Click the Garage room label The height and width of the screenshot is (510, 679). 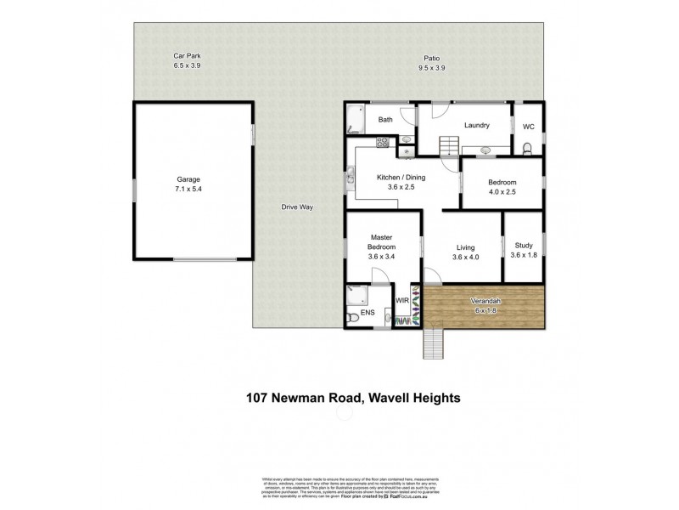pyautogui.click(x=188, y=179)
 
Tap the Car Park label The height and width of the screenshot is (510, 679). pyautogui.click(x=187, y=56)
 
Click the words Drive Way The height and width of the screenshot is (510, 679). pyautogui.click(x=298, y=207)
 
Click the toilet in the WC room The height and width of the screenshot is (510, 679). pyautogui.click(x=528, y=150)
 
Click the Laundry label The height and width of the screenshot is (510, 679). pyautogui.click(x=476, y=126)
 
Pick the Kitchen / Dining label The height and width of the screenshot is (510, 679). pyautogui.click(x=404, y=178)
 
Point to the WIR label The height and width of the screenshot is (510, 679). pyautogui.click(x=402, y=301)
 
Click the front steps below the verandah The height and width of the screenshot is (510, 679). pyautogui.click(x=433, y=343)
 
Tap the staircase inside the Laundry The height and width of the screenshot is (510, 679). pyautogui.click(x=447, y=146)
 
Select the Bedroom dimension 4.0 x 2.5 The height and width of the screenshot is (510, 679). pyautogui.click(x=502, y=192)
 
